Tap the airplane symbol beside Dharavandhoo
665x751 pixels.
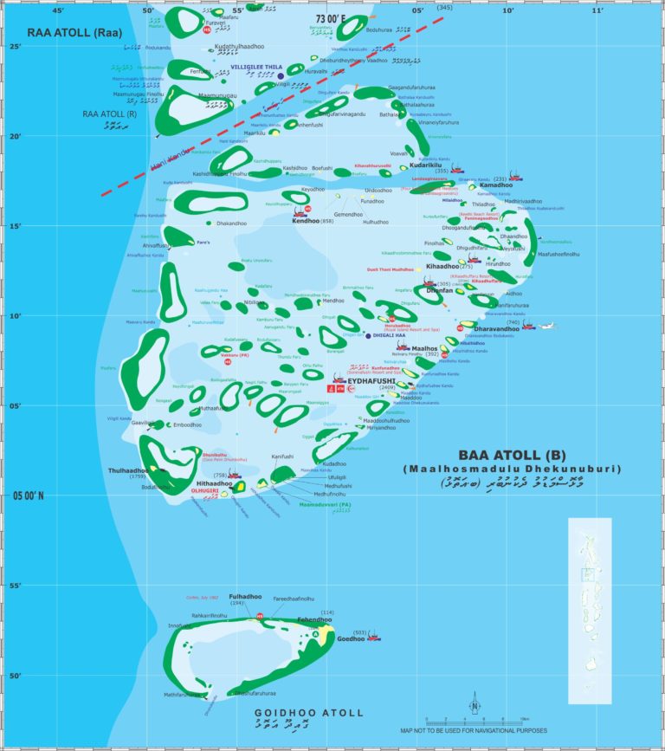coord(547,327)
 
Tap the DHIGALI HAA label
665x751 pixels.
coord(392,335)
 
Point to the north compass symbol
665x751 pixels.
coord(475,706)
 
